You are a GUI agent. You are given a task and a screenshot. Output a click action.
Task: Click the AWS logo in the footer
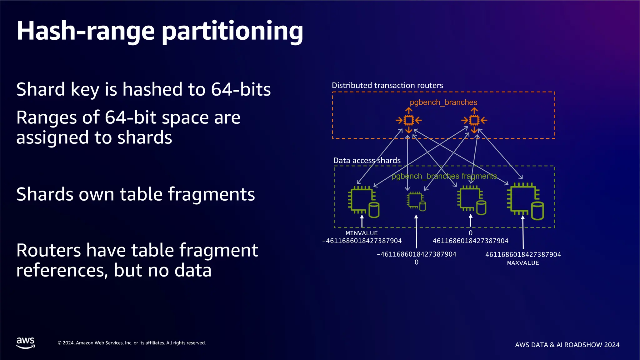tap(26, 342)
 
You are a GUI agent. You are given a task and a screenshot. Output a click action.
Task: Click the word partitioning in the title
tap(233, 31)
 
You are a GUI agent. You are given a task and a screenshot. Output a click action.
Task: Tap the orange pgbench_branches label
tap(443, 102)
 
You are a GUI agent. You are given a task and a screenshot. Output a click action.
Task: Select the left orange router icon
tap(409, 120)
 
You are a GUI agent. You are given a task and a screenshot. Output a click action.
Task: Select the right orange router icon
tap(474, 120)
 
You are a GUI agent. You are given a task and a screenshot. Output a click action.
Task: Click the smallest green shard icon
tap(416, 201)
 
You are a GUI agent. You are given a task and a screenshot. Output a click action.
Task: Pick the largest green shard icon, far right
tap(525, 202)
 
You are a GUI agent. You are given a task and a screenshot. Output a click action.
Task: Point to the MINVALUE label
tap(362, 233)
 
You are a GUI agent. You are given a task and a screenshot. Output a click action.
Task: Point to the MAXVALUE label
tap(523, 263)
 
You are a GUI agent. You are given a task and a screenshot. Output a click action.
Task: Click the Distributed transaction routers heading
tap(387, 85)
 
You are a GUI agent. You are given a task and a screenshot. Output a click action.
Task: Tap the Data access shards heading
tap(367, 161)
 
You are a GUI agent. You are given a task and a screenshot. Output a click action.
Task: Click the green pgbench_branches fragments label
tap(444, 176)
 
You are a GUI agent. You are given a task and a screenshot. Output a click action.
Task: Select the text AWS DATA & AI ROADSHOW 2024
tap(567, 345)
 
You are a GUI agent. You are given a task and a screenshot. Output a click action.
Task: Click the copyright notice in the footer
tap(132, 343)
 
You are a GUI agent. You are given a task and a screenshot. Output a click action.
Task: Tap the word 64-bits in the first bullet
tap(241, 89)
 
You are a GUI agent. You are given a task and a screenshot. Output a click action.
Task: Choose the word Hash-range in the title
tap(86, 31)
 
